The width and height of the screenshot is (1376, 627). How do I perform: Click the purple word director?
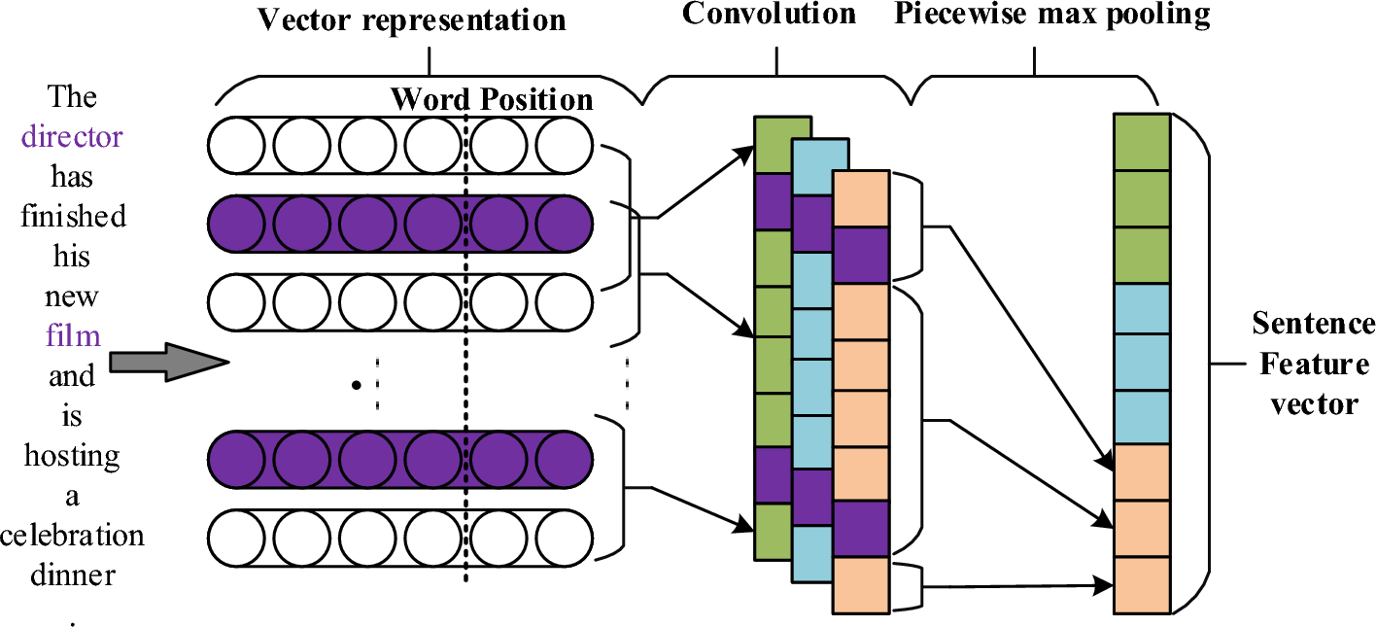72,136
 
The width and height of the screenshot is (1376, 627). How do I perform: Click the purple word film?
73,335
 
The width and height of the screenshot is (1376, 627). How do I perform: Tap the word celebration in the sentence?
72,536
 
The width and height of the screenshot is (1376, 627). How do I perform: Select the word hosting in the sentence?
73,456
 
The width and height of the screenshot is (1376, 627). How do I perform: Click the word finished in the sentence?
74,216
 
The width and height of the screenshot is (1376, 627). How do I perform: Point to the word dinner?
73,575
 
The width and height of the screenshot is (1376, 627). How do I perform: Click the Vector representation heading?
411,19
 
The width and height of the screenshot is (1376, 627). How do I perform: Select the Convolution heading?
769,14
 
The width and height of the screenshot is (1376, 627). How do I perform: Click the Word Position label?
492,99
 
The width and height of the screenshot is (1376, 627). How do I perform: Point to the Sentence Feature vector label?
1313,364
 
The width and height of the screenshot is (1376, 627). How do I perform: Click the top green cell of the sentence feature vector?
1143,142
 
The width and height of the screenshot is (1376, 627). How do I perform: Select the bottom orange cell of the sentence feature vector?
1143,585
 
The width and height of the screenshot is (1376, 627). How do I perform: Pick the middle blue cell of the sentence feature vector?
1143,363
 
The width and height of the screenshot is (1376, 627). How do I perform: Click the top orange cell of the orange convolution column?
861,198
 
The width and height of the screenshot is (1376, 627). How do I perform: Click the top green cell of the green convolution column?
782,145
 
